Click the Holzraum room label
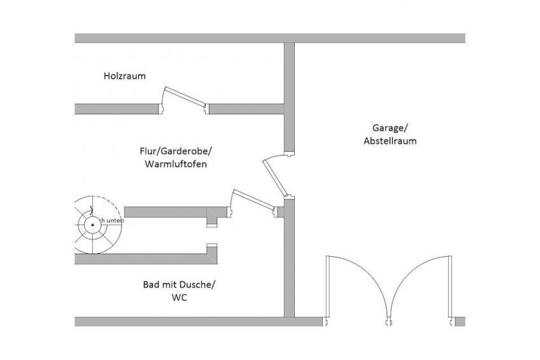pyautogui.click(x=125, y=76)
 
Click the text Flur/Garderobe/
pyautogui.click(x=175, y=152)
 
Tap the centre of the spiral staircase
pyautogui.click(x=92, y=224)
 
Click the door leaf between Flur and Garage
pyautogui.click(x=276, y=177)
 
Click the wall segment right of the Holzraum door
pyautogui.click(x=246, y=109)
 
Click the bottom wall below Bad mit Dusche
pyautogui.click(x=178, y=321)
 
